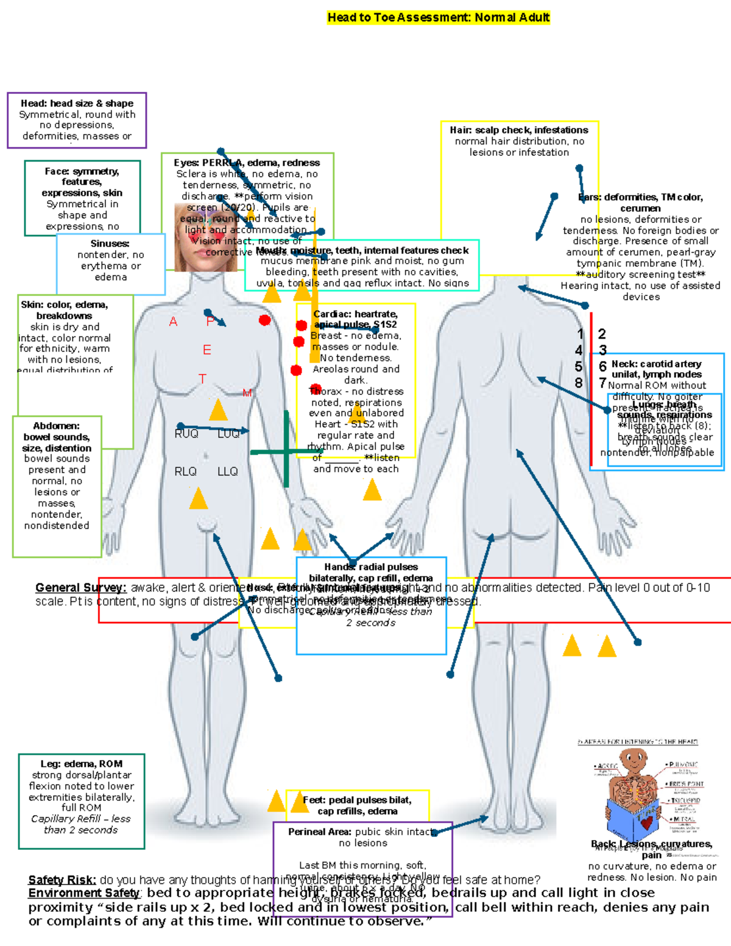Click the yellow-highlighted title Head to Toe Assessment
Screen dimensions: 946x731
(x=438, y=18)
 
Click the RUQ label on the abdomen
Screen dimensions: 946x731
(x=186, y=434)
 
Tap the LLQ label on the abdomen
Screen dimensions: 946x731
(x=227, y=471)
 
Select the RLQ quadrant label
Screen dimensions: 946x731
(x=185, y=471)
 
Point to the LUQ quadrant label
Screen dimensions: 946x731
(x=228, y=434)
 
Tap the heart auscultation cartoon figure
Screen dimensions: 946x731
(x=634, y=792)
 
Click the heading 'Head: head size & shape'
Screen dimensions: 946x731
(x=77, y=104)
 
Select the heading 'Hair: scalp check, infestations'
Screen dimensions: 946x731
(x=519, y=130)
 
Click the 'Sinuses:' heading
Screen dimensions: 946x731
(x=110, y=244)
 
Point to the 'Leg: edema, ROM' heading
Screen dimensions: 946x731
(x=82, y=764)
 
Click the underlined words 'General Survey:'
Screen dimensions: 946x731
(x=80, y=588)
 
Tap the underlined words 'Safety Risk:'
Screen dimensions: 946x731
(x=62, y=880)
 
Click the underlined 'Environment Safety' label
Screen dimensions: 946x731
(x=84, y=893)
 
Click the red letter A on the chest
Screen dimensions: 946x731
(x=173, y=322)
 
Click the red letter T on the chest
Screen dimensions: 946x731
(x=202, y=379)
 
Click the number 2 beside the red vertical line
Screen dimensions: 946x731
(x=602, y=334)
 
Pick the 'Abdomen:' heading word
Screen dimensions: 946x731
(x=56, y=426)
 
